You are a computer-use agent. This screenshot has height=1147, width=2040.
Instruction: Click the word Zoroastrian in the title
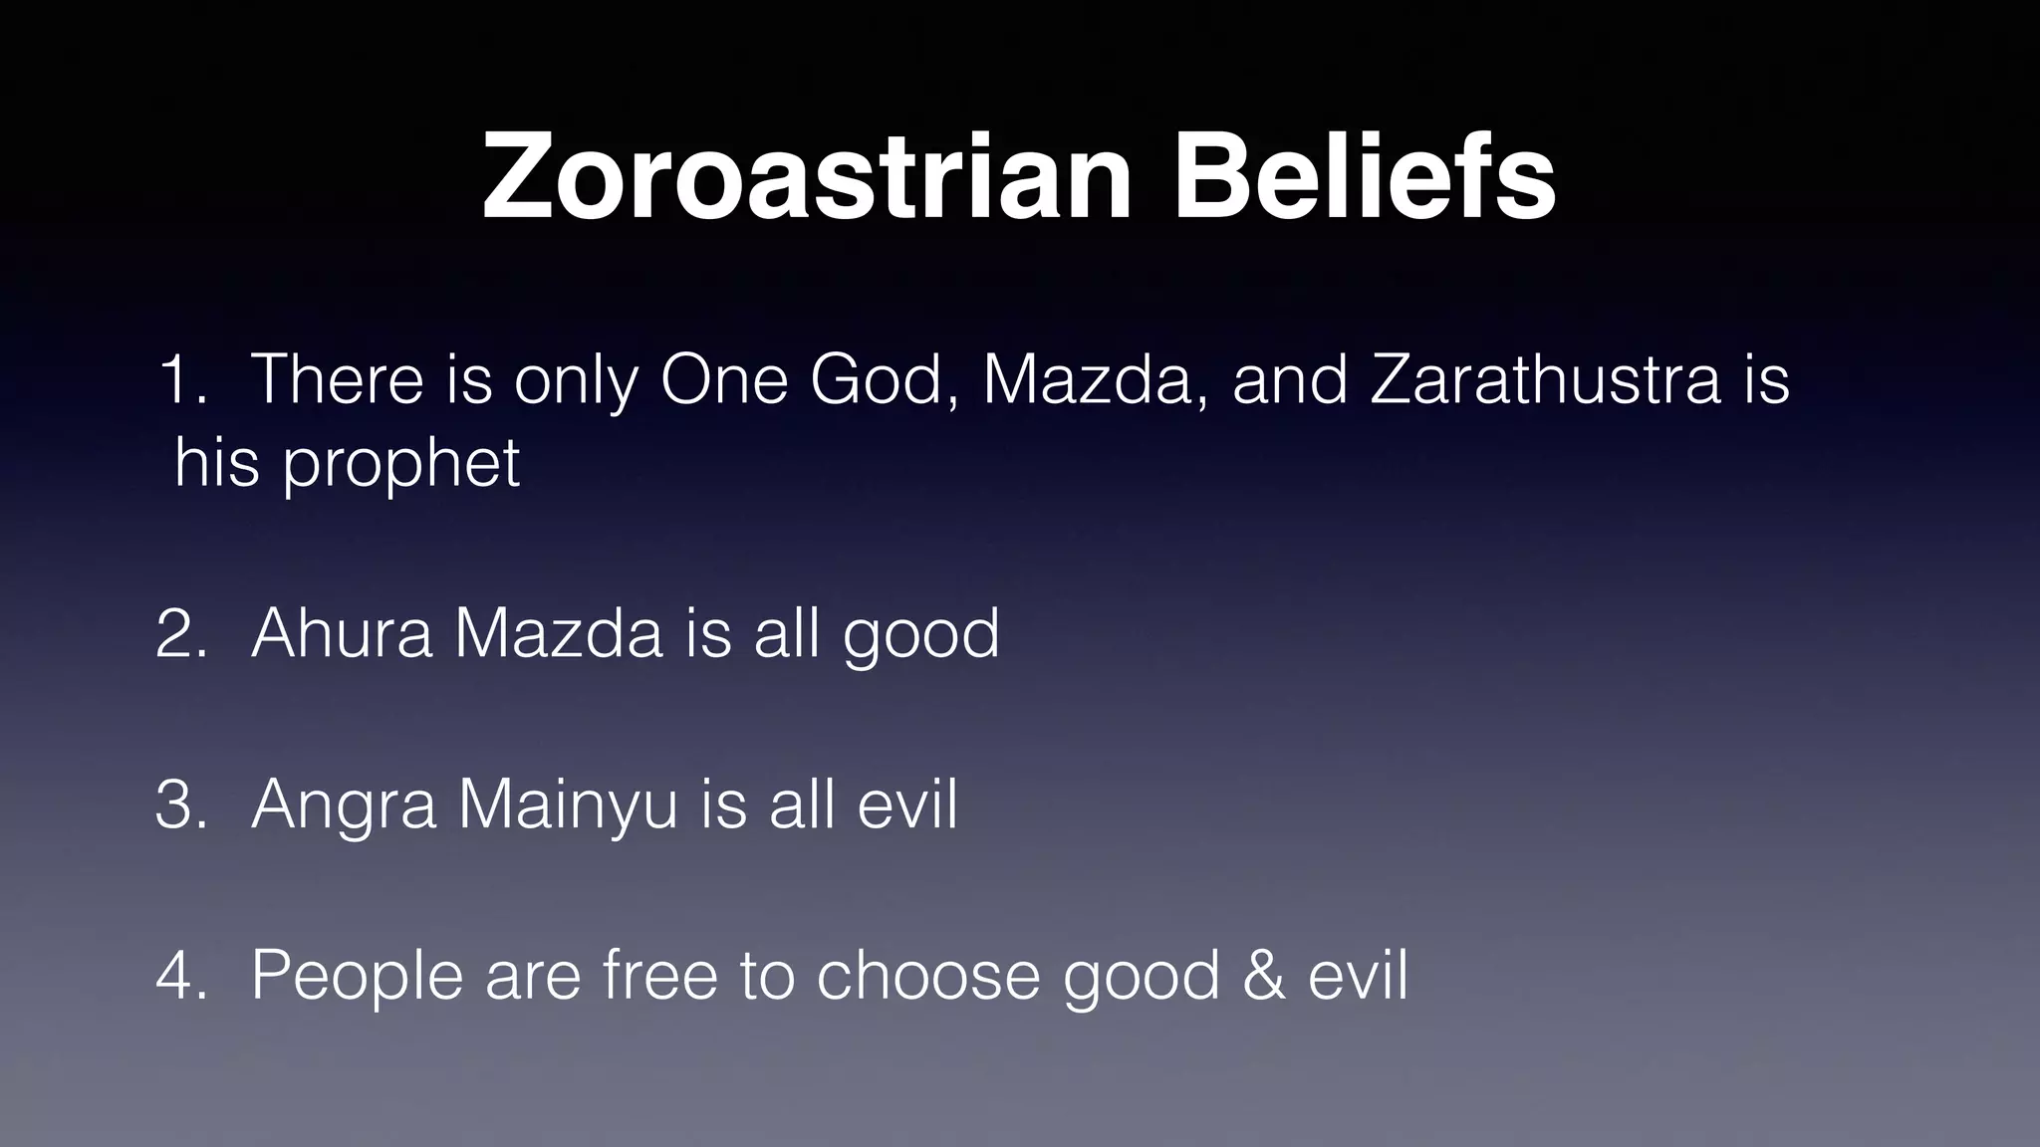pos(807,177)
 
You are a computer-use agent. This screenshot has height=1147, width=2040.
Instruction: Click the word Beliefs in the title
pos(1364,177)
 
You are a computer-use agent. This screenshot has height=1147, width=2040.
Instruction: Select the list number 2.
pos(180,633)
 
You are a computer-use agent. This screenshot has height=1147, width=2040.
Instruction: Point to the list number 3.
pos(180,804)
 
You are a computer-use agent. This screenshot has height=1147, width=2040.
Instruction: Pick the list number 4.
pos(180,975)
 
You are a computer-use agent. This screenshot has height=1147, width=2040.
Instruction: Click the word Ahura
pos(342,633)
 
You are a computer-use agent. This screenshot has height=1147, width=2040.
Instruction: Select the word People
pos(357,977)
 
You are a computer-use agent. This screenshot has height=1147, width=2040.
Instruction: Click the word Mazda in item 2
pos(558,633)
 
